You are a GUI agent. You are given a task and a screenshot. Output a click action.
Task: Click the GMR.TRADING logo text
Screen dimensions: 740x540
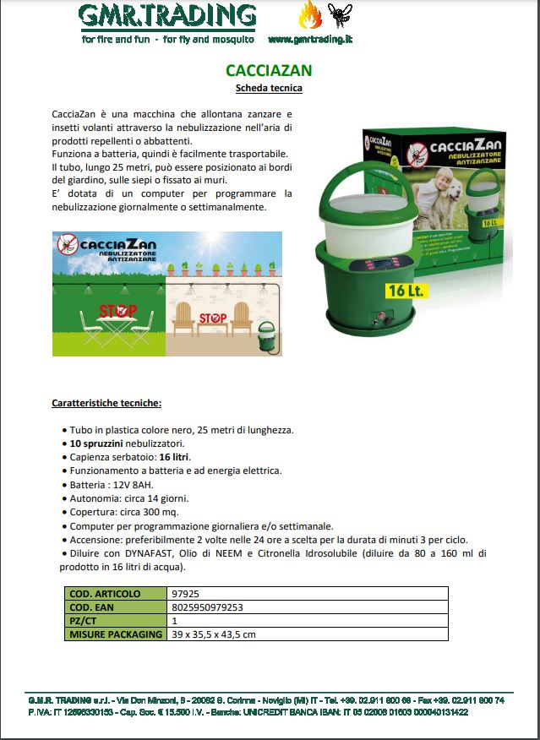168,16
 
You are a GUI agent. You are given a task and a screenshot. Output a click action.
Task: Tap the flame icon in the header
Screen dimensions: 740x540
309,15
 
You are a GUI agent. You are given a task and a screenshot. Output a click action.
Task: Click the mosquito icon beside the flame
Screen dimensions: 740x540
338,14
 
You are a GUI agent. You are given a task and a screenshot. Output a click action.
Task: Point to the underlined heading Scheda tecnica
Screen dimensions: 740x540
268,88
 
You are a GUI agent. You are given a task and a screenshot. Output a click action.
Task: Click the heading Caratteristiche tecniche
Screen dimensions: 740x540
106,403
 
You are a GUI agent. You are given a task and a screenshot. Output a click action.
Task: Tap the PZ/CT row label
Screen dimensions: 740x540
85,621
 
